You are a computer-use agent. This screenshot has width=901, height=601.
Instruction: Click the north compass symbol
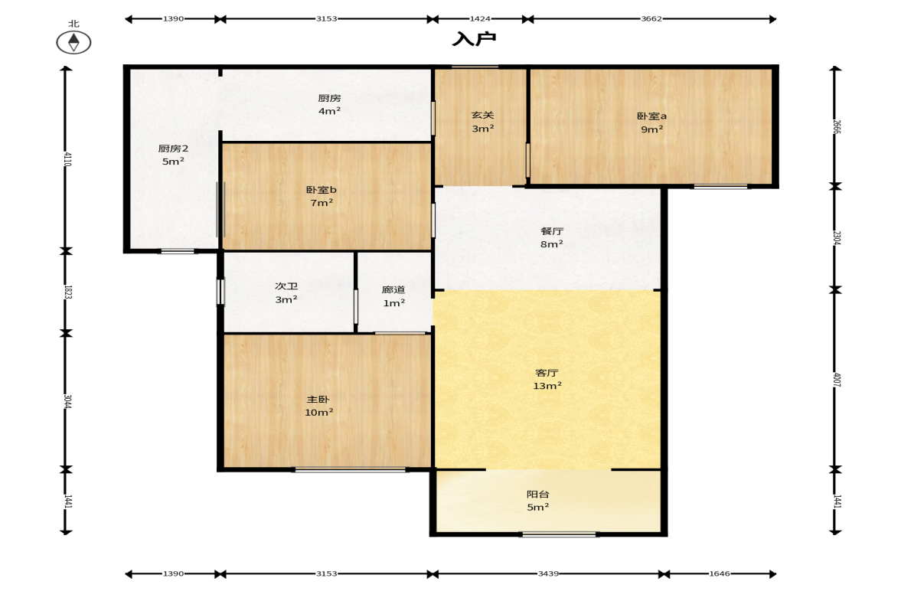point(73,43)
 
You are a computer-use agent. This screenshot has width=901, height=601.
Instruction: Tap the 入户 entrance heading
point(474,38)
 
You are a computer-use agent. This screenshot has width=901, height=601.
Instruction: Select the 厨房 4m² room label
point(329,104)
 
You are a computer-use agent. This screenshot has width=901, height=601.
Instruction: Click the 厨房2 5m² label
point(173,155)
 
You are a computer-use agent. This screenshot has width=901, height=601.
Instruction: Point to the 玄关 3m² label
point(483,122)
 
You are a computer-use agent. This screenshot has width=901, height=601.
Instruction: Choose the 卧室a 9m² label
point(651,122)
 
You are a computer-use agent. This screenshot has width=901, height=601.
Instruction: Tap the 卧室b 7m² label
point(322,196)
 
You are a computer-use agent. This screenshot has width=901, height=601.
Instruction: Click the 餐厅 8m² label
point(552,237)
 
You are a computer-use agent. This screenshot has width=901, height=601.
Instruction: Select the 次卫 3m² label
point(286,292)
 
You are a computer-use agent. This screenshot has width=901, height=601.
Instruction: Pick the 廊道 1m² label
point(393,296)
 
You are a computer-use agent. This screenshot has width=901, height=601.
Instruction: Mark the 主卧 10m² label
point(318,406)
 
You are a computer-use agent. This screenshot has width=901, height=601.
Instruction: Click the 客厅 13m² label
point(547,379)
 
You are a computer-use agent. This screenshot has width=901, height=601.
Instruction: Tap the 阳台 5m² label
point(538,501)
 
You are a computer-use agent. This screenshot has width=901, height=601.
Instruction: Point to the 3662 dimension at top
point(651,18)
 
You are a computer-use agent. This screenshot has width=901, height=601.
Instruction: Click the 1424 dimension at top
point(480,18)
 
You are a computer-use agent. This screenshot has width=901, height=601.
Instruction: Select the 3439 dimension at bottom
point(548,573)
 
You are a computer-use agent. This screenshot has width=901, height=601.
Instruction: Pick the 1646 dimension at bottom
point(720,573)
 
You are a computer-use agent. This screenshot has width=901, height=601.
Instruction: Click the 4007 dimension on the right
point(837,379)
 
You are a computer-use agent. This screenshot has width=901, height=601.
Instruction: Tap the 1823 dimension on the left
point(67,292)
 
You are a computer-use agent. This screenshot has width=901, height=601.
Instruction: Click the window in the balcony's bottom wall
point(559,534)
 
